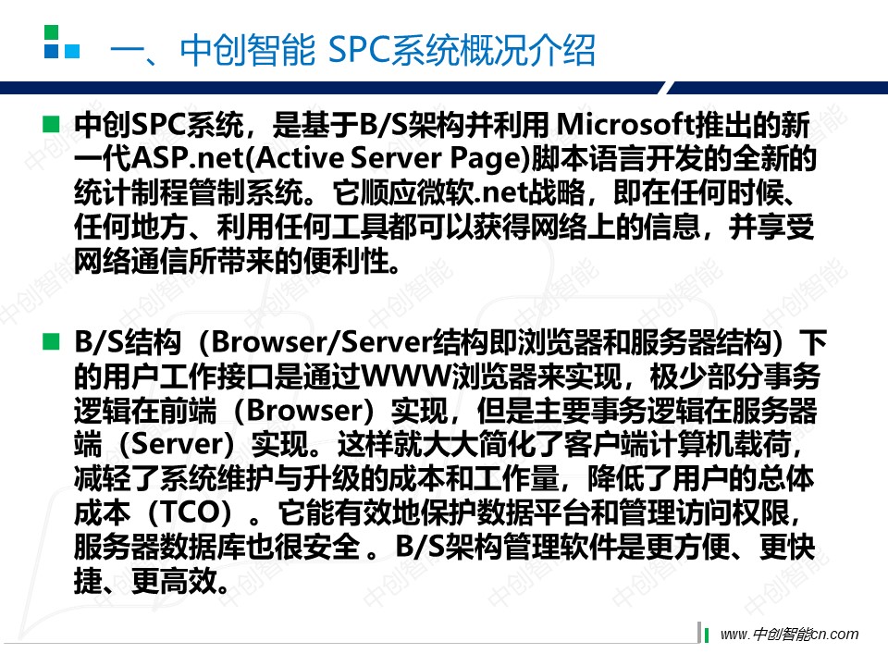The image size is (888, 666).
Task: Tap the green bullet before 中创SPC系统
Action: (51, 123)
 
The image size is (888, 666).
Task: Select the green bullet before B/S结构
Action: (51, 341)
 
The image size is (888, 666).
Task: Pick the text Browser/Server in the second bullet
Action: (321, 342)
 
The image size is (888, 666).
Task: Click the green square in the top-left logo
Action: (51, 31)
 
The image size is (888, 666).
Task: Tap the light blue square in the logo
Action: (72, 51)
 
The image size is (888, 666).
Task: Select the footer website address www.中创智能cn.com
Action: (789, 635)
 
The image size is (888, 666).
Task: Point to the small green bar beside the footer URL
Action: (706, 635)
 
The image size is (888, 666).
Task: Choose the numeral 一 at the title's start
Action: (127, 51)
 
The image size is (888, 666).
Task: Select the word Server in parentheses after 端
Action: (176, 445)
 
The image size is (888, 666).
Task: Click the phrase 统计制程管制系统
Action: (189, 192)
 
